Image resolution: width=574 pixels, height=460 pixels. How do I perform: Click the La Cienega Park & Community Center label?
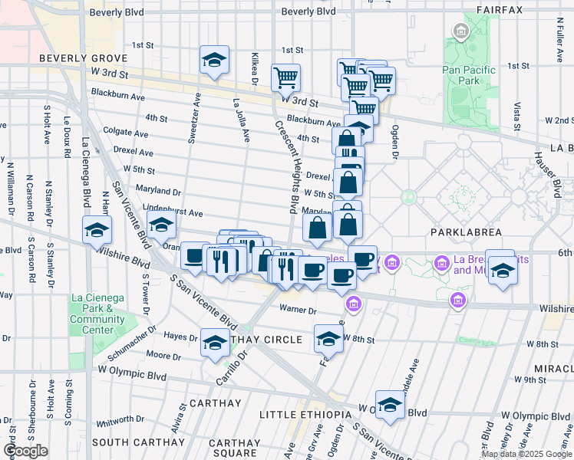click(97, 314)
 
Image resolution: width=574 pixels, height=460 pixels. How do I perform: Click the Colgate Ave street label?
click(124, 131)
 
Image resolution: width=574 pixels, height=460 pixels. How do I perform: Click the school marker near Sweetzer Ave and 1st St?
click(215, 60)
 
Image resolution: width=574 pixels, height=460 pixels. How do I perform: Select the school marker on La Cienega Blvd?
click(97, 229)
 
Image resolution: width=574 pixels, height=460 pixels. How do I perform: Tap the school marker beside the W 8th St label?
click(328, 338)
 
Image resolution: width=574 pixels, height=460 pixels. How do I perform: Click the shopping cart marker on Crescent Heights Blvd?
click(285, 77)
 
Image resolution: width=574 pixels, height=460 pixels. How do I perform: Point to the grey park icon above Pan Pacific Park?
click(460, 32)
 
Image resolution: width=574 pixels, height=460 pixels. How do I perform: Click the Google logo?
click(26, 451)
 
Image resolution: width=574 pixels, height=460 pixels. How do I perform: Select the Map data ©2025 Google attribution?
click(526, 454)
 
